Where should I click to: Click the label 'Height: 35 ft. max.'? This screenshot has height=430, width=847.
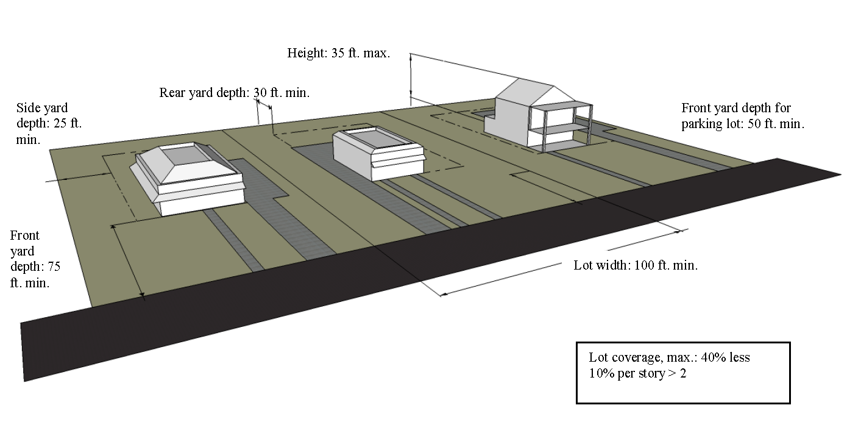(x=338, y=53)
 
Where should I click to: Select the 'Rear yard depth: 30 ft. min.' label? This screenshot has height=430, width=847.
(x=235, y=93)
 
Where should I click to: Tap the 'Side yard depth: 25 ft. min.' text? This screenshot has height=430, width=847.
(x=49, y=124)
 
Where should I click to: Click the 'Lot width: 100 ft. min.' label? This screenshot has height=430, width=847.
(x=636, y=265)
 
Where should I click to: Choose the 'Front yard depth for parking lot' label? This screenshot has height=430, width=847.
(x=742, y=116)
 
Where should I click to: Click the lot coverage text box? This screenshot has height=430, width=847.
(x=682, y=372)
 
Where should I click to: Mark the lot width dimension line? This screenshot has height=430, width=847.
(x=561, y=263)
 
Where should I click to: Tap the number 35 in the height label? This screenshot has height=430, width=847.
(x=338, y=53)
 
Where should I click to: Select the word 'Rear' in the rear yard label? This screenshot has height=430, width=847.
(x=173, y=93)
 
